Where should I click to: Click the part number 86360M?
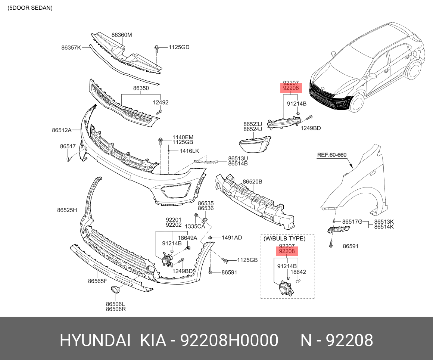tap(122, 35)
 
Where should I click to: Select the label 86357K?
tap(71, 48)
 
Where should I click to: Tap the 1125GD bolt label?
tap(179, 47)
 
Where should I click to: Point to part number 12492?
tap(161, 102)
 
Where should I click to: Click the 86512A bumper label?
tap(62, 130)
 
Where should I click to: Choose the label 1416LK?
tap(189, 151)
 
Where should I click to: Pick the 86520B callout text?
tap(252, 182)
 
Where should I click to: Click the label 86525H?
tap(67, 210)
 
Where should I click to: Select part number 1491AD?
tap(232, 238)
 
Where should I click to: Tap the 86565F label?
tap(97, 281)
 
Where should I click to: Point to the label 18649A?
tap(187, 238)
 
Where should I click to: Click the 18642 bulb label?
tap(298, 272)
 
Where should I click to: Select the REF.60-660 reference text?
tap(332, 155)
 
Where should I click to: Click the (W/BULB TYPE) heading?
tap(284, 238)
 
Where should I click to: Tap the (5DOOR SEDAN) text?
tap(30, 8)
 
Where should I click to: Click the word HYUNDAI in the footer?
tap(95, 341)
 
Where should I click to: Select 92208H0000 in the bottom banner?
tap(229, 341)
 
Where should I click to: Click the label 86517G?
tap(352, 221)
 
